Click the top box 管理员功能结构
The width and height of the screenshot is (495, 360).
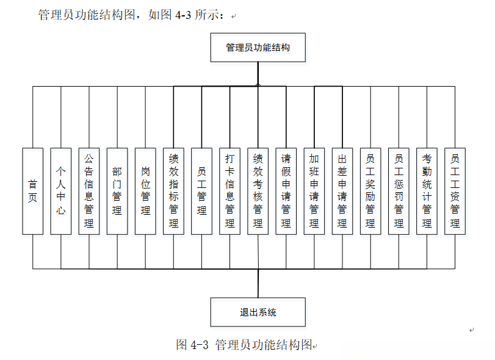(258, 48)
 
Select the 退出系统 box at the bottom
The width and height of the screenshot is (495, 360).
(258, 312)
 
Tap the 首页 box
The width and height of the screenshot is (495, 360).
(33, 191)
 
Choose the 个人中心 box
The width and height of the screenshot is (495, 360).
(61, 191)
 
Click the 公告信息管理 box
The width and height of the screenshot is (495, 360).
(89, 191)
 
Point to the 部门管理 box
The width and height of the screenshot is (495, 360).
(117, 191)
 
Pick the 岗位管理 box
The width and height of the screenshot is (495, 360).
(145, 191)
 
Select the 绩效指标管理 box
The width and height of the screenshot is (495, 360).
(173, 191)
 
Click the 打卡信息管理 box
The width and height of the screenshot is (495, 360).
(229, 191)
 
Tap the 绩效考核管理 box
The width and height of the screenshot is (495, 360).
(258, 191)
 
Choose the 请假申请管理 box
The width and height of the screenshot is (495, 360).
(286, 191)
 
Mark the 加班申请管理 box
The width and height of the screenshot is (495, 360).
(314, 191)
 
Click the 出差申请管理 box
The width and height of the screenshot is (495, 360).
(342, 191)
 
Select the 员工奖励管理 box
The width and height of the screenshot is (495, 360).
(370, 191)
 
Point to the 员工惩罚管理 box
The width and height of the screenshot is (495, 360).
(399, 191)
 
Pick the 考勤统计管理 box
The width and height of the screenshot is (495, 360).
(427, 191)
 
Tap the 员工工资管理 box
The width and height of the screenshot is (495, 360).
(455, 191)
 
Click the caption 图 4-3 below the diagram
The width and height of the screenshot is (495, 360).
(192, 345)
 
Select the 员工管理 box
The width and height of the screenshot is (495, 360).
(201, 191)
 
